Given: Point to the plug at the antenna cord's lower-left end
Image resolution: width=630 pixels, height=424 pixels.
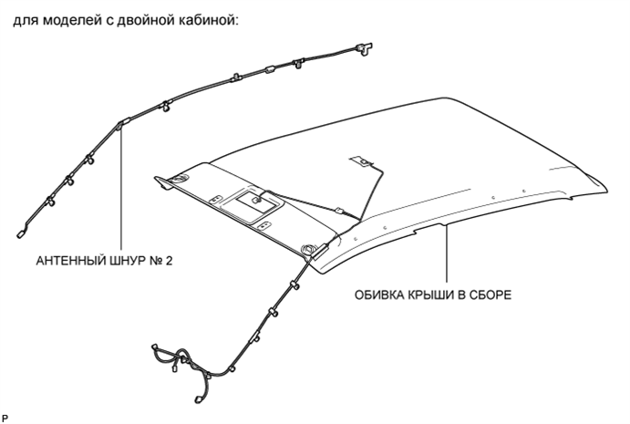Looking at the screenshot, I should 20,233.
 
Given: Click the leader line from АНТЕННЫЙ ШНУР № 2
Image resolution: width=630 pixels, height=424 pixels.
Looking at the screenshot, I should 120,191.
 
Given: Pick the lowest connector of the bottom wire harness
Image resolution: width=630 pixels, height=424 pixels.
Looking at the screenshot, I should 197,398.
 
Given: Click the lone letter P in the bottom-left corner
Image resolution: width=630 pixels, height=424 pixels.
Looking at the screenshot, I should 5,416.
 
